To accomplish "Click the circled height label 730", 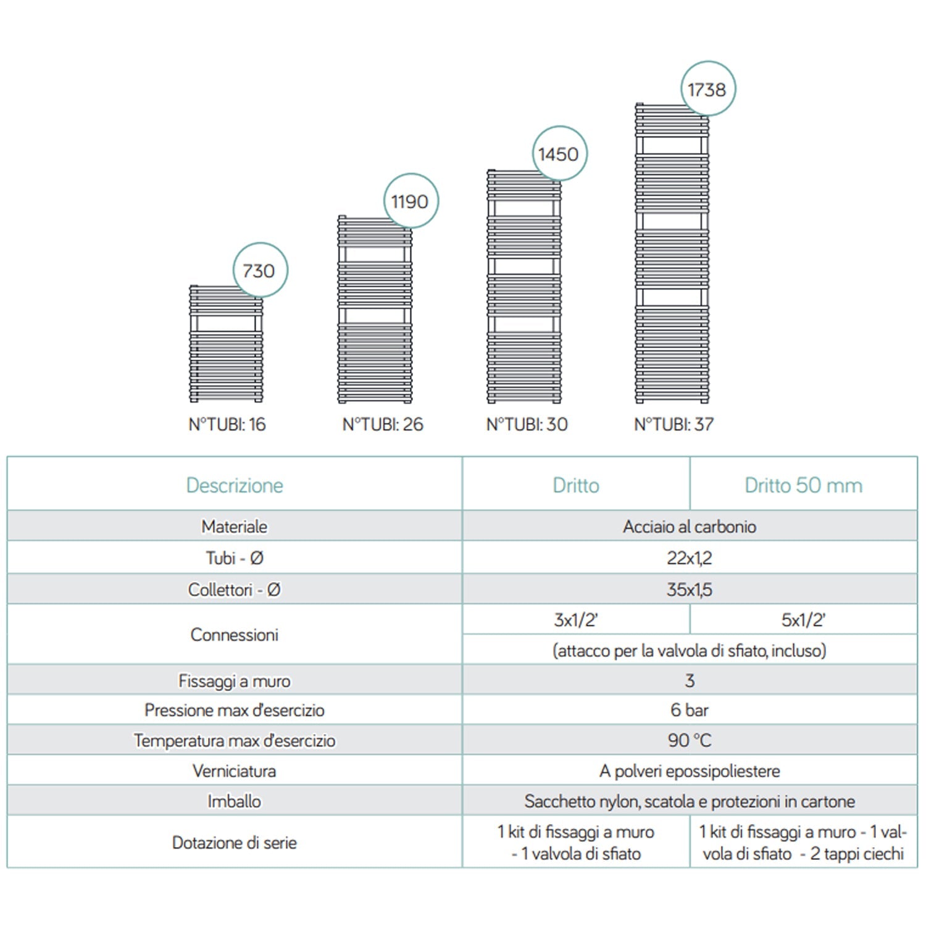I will coord(259,270).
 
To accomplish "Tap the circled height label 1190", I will coord(410,201).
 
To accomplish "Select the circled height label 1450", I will coord(559,154).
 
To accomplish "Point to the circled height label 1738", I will coord(707,90).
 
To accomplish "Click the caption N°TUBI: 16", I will coord(227,425).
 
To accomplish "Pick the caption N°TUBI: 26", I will coord(383,425).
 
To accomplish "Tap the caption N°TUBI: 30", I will coord(527,425).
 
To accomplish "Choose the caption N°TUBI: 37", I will coord(674,425).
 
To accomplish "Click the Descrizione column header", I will coord(235,485).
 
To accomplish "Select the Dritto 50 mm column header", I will coord(803,485).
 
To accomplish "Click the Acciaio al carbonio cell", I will coord(689,527).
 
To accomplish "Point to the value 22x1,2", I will coord(689,558).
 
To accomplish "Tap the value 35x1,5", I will coord(689,590).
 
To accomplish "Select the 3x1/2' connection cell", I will coord(575,620).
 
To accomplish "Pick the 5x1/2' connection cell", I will coord(803,620).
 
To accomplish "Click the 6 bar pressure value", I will coord(689,710).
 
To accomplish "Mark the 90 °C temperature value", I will coord(689,740).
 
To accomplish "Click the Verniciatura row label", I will coord(235,771).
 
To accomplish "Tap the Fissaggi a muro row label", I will coord(235,681).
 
